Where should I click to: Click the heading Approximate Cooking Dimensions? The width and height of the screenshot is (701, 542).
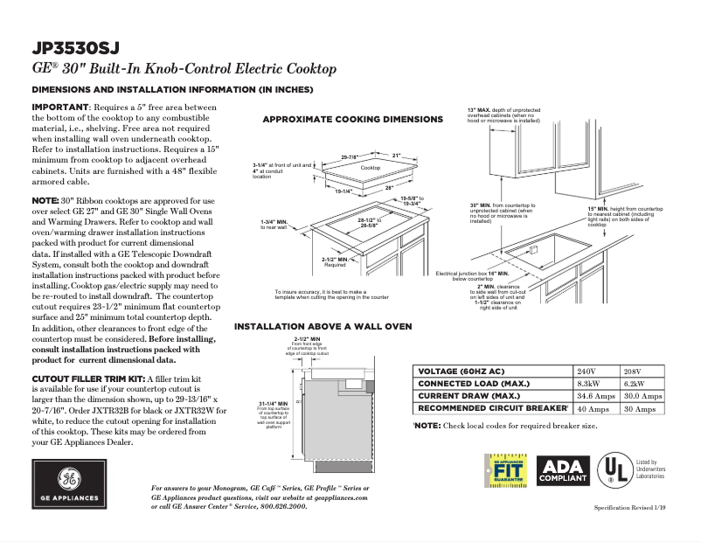pyautogui.click(x=353, y=119)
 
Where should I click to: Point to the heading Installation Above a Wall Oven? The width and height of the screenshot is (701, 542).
pyautogui.click(x=323, y=326)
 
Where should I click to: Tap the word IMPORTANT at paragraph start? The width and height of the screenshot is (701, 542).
pyautogui.click(x=59, y=107)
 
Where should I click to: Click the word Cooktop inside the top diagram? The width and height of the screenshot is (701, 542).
pyautogui.click(x=371, y=167)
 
